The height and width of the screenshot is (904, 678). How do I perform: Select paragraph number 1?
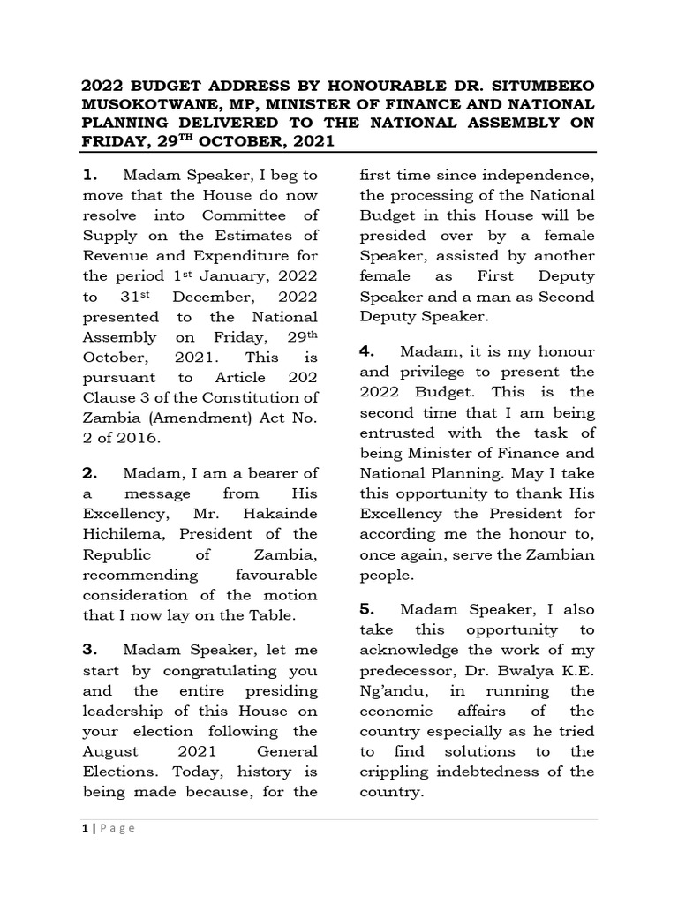[x=89, y=173]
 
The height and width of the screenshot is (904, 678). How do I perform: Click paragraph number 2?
[x=89, y=473]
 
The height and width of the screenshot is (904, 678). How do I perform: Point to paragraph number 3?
[x=89, y=650]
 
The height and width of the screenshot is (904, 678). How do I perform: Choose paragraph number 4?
[x=367, y=350]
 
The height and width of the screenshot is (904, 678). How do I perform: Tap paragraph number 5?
[x=367, y=609]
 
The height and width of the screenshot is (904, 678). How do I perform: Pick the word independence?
[x=544, y=174]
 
